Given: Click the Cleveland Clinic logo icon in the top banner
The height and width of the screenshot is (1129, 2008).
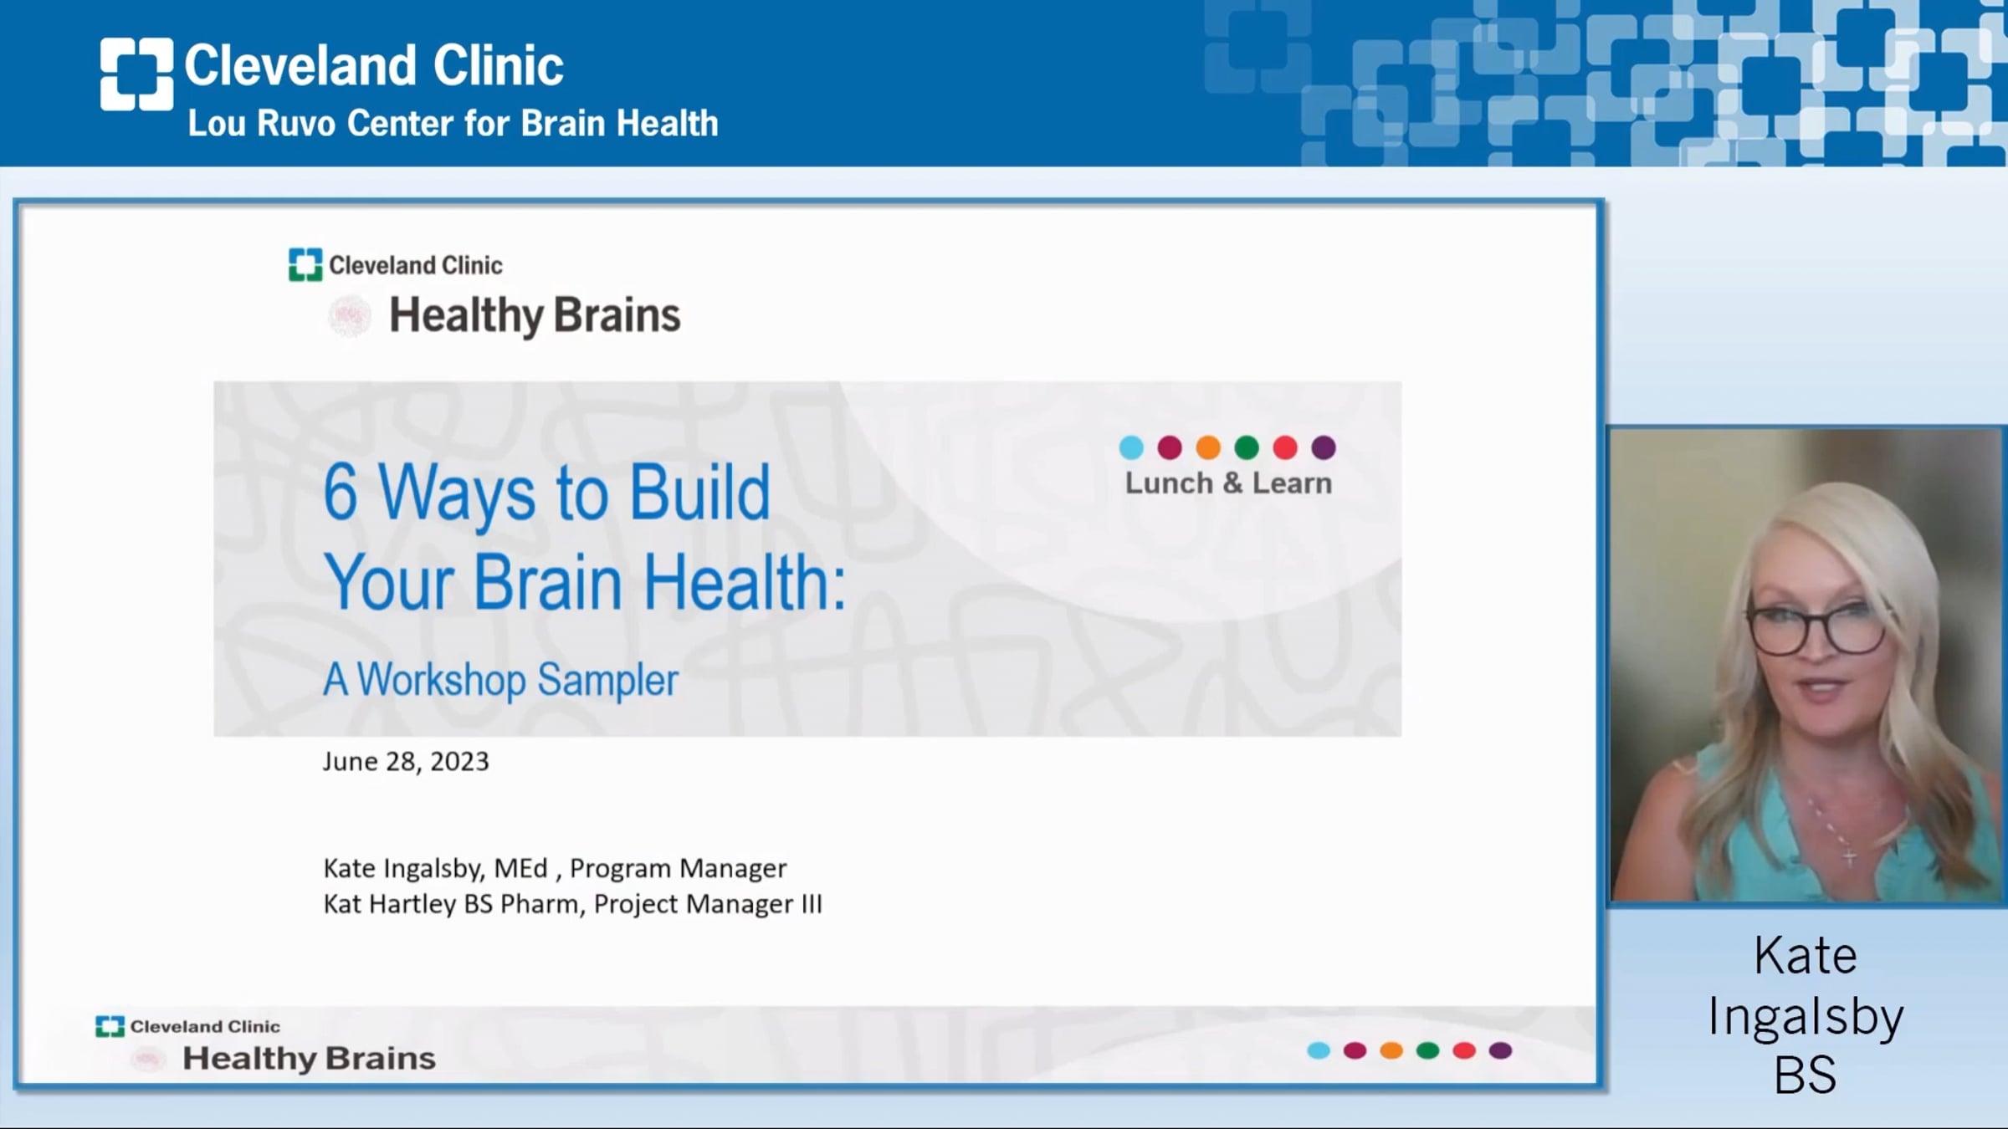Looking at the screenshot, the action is pos(136,74).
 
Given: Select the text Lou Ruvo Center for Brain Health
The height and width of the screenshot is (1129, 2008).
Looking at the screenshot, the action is pos(453,124).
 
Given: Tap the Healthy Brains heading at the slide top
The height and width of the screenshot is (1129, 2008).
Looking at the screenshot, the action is pos(535,316).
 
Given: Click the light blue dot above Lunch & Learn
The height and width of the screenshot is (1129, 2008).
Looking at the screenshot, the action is pos(1131,447).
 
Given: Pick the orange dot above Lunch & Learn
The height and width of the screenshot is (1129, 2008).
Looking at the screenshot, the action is pos(1208,447).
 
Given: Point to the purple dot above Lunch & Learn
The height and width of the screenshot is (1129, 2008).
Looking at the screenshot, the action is pos(1324,447).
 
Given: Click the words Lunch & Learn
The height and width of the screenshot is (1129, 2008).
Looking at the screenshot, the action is pos(1228,483).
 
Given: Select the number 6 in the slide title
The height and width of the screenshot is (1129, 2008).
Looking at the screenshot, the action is pos(341,493).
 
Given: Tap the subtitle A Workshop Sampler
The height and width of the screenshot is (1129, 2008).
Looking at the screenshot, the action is pos(500,680).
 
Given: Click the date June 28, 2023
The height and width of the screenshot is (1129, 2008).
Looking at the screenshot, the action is pos(406,762).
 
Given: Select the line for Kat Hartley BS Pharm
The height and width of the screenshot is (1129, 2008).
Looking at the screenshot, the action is pos(573,904).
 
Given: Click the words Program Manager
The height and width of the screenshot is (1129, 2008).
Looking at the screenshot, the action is pos(679,869).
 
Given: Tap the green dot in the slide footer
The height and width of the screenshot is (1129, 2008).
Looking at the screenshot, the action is pos(1427,1050).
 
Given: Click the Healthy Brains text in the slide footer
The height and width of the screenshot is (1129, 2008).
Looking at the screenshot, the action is pos(310,1059).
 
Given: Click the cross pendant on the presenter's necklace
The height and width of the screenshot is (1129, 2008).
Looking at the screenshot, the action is pos(1850,856).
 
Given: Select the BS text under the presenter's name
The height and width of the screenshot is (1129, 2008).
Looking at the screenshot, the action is pos(1806,1075).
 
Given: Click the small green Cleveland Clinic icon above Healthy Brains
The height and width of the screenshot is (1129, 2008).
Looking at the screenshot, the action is pos(305,264).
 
